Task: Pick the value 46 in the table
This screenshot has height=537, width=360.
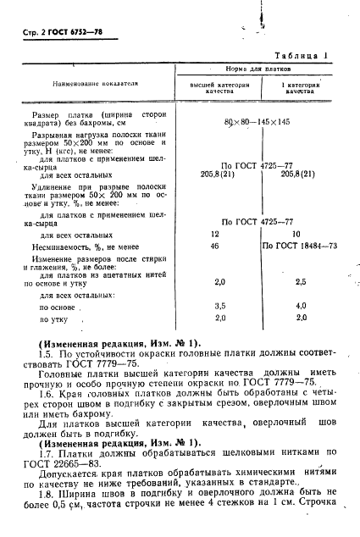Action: (215, 246)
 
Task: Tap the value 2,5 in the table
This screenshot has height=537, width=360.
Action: (301, 281)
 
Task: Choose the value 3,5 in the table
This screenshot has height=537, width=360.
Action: (216, 306)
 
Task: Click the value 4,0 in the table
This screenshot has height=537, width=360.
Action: (301, 306)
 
